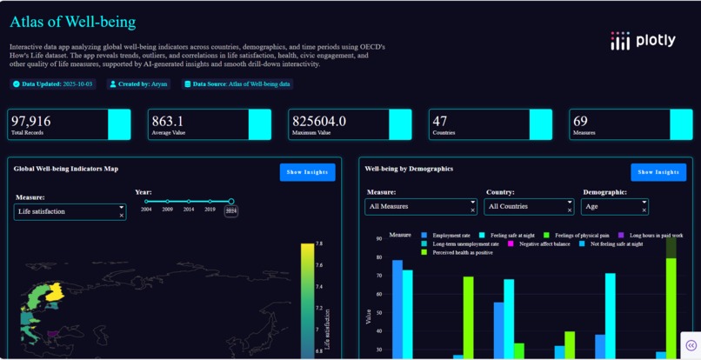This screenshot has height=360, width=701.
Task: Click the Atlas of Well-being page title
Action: coord(73,22)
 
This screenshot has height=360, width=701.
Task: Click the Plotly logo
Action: coord(643,40)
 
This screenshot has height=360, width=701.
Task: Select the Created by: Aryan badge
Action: coord(138,83)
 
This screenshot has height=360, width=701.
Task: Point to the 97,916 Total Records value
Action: coord(30,121)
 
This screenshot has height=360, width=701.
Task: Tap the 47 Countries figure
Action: coord(440,121)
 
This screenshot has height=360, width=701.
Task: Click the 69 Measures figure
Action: coord(580,121)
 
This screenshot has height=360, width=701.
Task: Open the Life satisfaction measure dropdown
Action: coord(70,211)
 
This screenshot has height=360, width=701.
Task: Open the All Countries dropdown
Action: coord(529,207)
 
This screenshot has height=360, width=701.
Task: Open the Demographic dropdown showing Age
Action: coord(615,207)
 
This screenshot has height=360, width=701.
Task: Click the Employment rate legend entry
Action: coord(446,236)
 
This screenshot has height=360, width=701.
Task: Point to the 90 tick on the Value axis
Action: coord(378,238)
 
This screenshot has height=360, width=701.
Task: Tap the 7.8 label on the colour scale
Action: coord(319,243)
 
